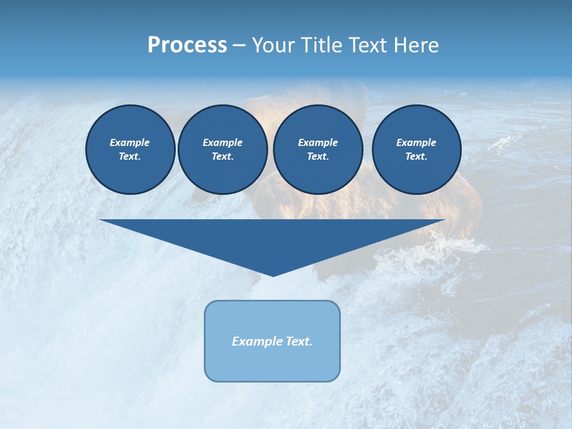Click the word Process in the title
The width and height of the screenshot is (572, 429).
187,45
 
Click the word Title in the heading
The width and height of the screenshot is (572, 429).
319,45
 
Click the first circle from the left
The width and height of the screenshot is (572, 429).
130,150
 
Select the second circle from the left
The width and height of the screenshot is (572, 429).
222,150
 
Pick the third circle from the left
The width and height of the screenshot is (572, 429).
318,150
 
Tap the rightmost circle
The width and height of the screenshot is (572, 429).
416,150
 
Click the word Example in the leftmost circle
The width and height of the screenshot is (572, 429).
130,142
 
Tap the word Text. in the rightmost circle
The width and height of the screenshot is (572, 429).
416,157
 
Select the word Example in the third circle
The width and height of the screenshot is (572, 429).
318,142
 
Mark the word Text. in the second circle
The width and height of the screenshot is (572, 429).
222,157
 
